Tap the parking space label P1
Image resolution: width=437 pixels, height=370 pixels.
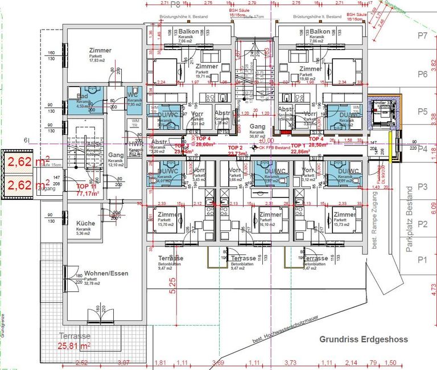pyautogui.click(x=422, y=260)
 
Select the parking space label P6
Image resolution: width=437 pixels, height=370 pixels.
pyautogui.click(x=422, y=74)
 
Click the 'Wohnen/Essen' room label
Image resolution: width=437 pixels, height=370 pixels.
pyautogui.click(x=106, y=273)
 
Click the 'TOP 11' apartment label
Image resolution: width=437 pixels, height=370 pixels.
pyautogui.click(x=86, y=187)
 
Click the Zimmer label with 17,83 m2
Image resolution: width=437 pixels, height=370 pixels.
pyautogui.click(x=100, y=51)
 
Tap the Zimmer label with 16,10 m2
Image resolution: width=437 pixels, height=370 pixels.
pyautogui.click(x=270, y=215)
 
